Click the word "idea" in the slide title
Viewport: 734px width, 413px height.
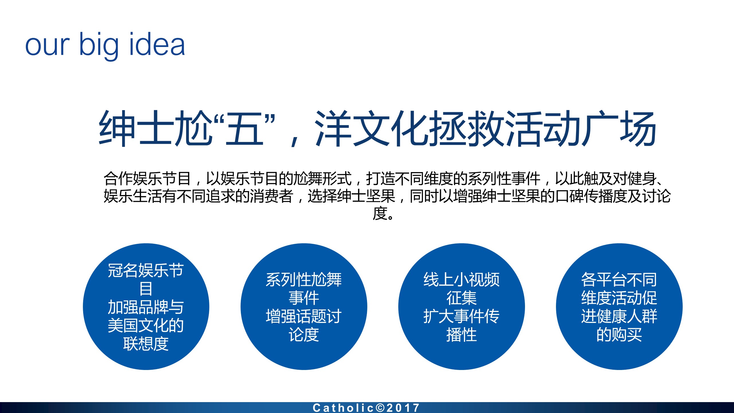coord(157,44)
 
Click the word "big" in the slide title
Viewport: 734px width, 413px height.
coord(99,46)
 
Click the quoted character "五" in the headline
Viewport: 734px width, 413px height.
coord(245,128)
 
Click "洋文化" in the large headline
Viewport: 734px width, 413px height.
coord(372,128)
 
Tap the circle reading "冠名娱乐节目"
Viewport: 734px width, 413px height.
coord(146,307)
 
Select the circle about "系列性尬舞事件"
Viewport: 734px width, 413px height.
coord(304,307)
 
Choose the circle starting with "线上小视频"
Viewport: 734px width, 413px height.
coord(462,307)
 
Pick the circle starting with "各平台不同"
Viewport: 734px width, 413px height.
coord(619,307)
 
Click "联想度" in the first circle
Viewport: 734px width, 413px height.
coord(146,344)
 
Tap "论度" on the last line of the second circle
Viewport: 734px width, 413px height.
coord(304,334)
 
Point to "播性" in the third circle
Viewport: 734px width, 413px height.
coord(462,334)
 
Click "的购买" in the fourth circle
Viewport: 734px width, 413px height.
coord(619,334)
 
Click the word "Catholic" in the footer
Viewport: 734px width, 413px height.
coord(343,408)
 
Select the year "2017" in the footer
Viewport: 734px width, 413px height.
coord(403,408)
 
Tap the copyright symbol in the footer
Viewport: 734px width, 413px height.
coord(380,408)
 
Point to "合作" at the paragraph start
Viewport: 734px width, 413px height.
coord(118,178)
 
